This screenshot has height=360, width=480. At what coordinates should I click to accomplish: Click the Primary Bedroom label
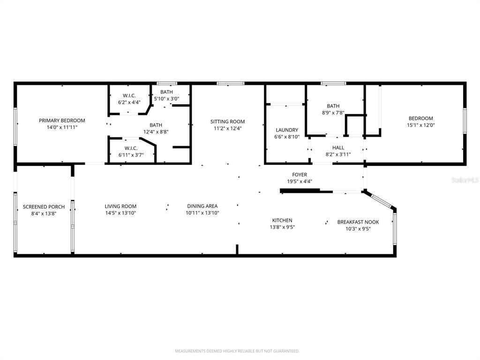tap(62, 120)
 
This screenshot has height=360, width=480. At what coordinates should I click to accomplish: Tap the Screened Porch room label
tap(44, 207)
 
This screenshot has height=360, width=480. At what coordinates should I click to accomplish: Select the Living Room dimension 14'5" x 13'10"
tap(120, 213)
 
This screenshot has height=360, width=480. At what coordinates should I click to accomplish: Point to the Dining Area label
tap(202, 206)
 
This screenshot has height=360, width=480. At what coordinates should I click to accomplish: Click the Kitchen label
tap(282, 220)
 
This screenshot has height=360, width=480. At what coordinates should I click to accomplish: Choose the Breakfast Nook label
tap(358, 222)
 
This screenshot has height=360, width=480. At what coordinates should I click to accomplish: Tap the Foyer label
tap(300, 175)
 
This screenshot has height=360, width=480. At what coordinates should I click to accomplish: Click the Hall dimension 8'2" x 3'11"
tap(338, 154)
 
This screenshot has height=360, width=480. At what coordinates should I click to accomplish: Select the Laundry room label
tap(286, 130)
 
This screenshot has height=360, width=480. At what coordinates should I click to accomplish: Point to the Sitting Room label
tap(227, 121)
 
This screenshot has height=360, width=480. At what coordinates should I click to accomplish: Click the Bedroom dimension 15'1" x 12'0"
tap(420, 125)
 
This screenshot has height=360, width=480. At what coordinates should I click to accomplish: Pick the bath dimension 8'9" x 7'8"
tap(333, 112)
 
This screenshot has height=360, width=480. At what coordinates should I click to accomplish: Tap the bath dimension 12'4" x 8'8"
tap(156, 132)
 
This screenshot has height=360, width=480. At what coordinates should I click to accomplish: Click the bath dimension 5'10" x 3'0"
tap(166, 98)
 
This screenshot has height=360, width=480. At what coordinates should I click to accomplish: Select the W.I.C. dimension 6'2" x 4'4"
tap(129, 102)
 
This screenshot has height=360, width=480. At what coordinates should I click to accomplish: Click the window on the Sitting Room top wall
tap(230, 83)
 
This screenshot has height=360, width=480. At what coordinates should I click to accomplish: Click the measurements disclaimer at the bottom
tap(237, 351)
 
